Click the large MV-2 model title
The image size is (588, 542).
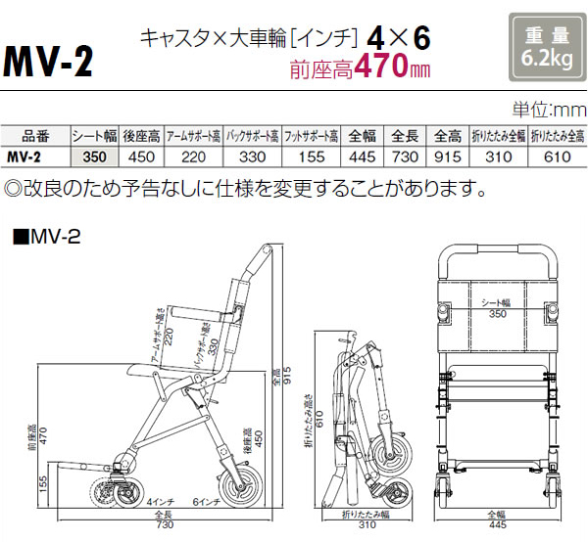pos(49,61)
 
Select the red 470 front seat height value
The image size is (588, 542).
pos(384,70)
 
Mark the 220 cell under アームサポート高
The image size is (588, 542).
pos(191,154)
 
